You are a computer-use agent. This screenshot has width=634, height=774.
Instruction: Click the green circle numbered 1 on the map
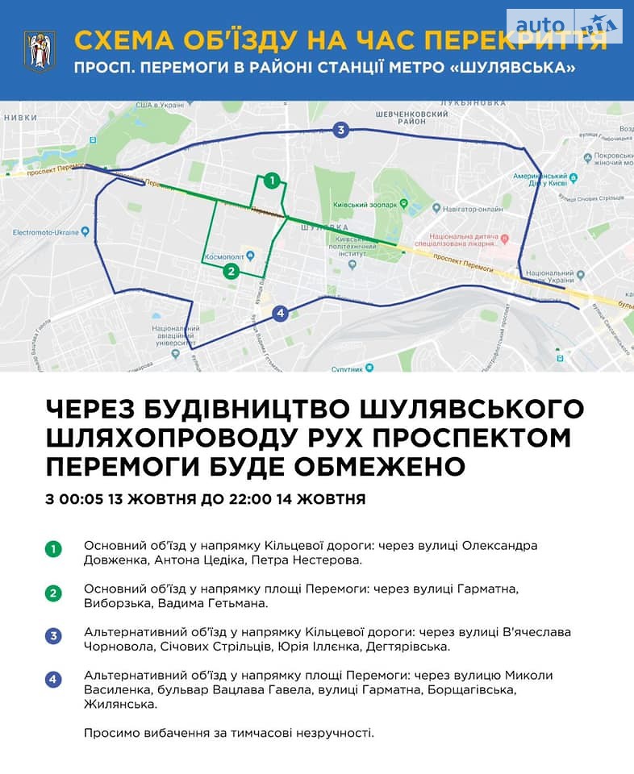point(273,181)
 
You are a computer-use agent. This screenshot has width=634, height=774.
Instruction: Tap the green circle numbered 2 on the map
point(231,271)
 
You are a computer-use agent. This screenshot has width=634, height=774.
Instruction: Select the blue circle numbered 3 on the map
point(341,130)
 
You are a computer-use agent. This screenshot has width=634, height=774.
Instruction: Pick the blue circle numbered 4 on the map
point(280,313)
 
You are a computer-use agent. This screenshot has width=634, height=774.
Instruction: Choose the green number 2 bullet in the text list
point(53,594)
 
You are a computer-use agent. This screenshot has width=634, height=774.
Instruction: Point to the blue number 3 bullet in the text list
point(53,637)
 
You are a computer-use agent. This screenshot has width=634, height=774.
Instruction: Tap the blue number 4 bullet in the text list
point(53,680)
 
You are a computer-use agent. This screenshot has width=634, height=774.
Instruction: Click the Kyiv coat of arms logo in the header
point(40,51)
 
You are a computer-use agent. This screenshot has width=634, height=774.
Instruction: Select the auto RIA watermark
point(565,26)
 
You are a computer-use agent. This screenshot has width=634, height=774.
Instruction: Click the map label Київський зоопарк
point(370,206)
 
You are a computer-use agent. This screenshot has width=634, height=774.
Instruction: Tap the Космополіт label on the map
point(225,257)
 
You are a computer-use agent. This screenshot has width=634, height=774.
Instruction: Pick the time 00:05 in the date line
point(80,499)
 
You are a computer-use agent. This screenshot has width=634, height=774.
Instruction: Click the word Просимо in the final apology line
point(110,733)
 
